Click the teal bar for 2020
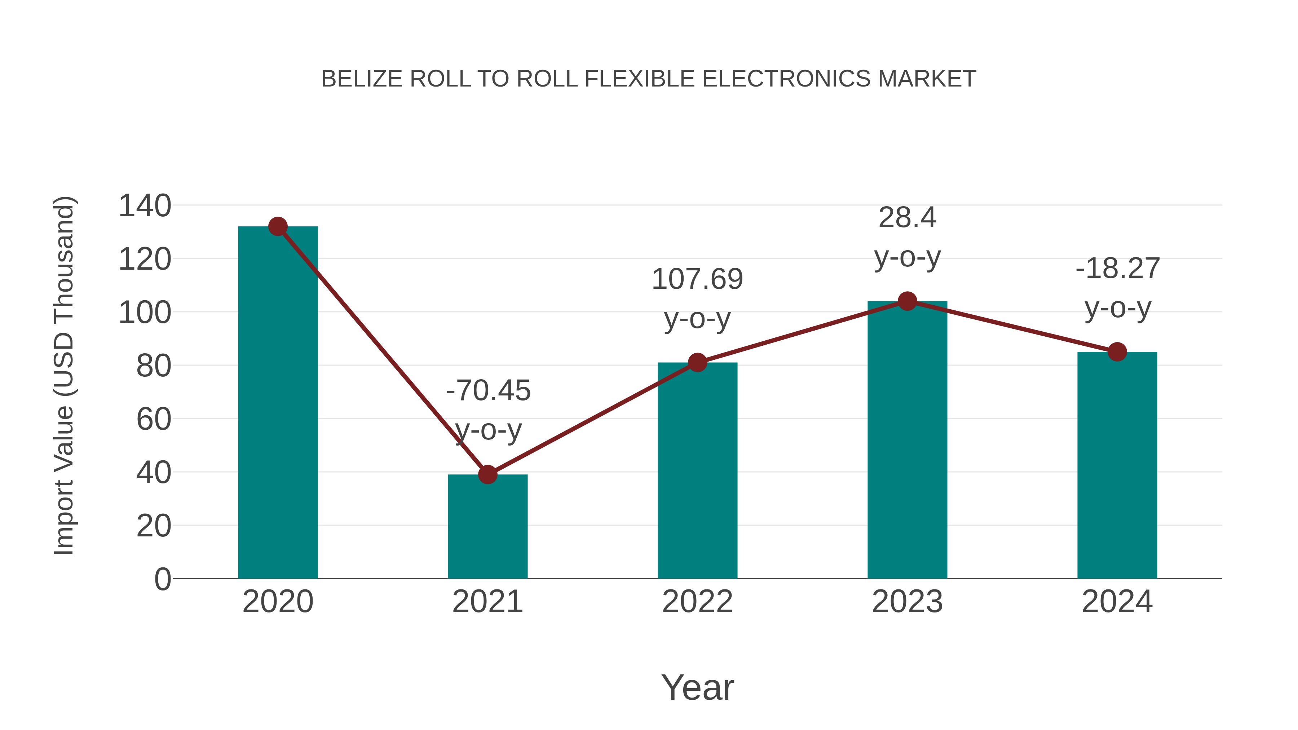click(x=278, y=403)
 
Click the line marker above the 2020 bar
click(x=278, y=227)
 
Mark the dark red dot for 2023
click(x=907, y=301)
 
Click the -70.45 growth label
click(x=488, y=390)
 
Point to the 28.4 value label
click(x=907, y=218)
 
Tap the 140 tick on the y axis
click(x=145, y=206)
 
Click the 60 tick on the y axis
click(x=154, y=419)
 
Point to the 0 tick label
click(x=163, y=579)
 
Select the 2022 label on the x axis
click(x=697, y=602)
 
